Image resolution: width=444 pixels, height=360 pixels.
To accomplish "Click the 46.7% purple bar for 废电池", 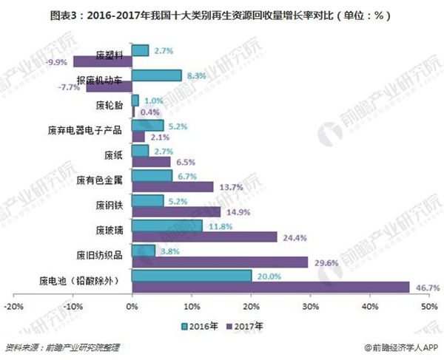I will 270,287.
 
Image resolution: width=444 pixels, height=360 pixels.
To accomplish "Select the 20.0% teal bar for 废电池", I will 191,276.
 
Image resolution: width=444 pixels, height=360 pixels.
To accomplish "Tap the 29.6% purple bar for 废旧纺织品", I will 219,262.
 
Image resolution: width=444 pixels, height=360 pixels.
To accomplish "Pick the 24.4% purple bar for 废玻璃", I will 203,237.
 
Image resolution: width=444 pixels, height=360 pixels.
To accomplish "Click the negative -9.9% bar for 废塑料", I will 102,61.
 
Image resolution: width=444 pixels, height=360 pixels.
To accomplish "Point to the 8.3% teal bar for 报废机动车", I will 156,75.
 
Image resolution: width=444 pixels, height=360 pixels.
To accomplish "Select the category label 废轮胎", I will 110,106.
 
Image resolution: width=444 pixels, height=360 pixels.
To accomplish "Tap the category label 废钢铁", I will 110,206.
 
